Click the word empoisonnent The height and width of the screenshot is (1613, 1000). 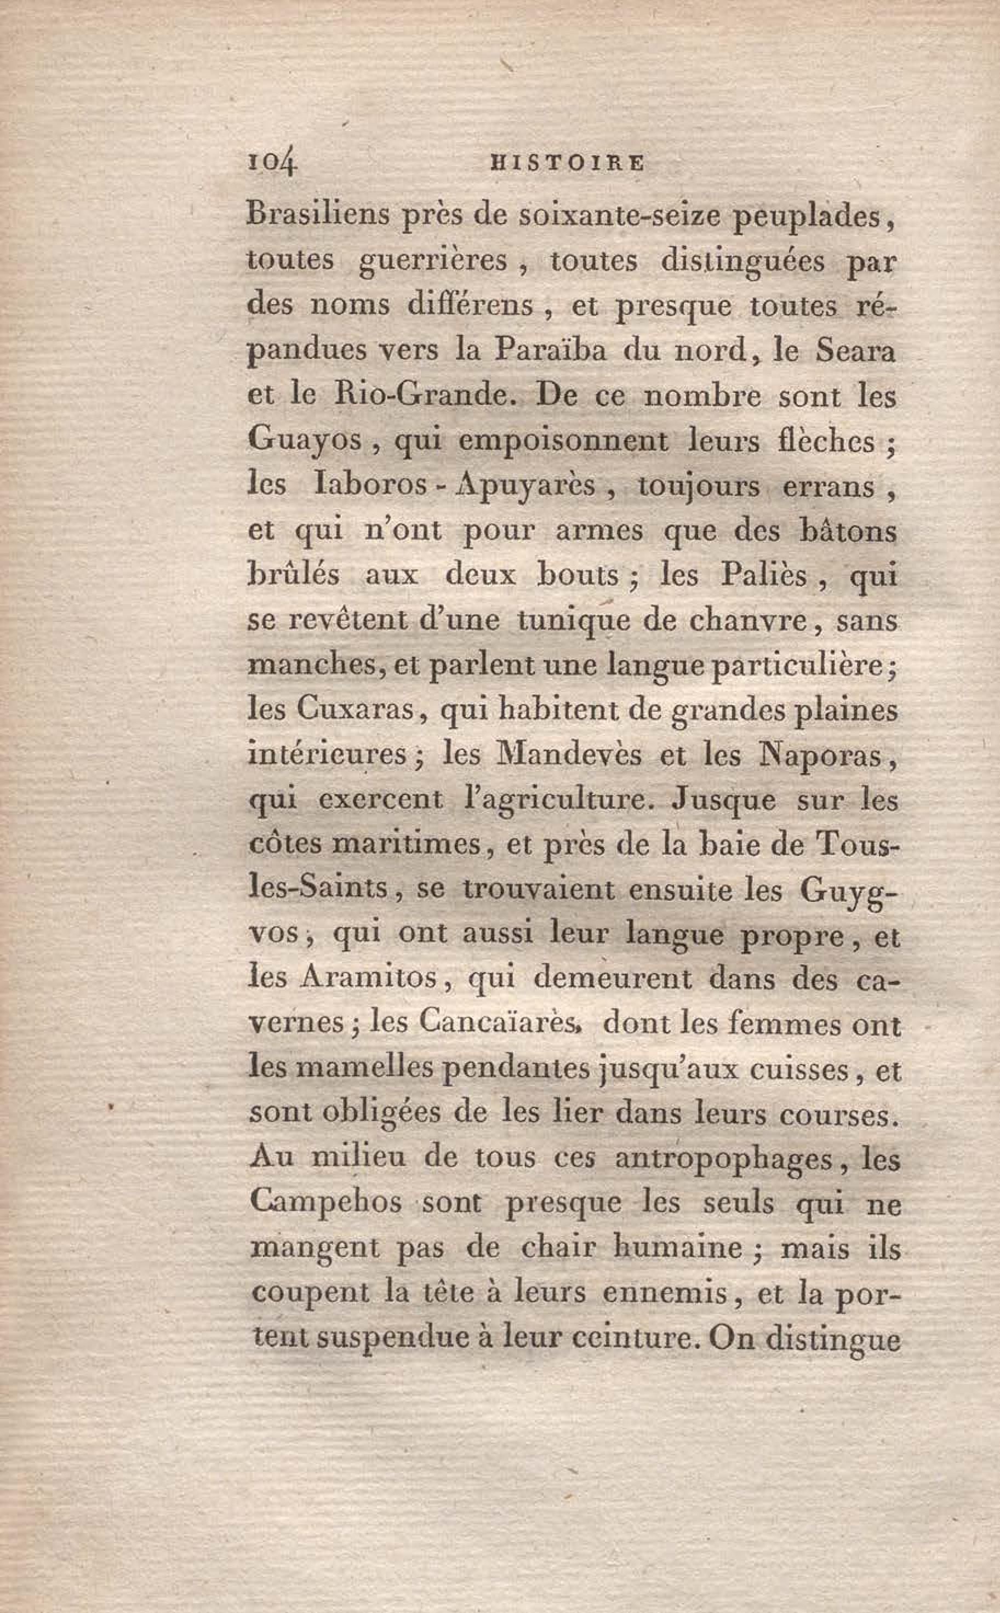tap(562, 441)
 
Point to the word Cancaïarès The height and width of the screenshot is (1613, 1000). tap(499, 1025)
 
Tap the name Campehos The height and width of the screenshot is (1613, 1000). tap(325, 1204)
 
